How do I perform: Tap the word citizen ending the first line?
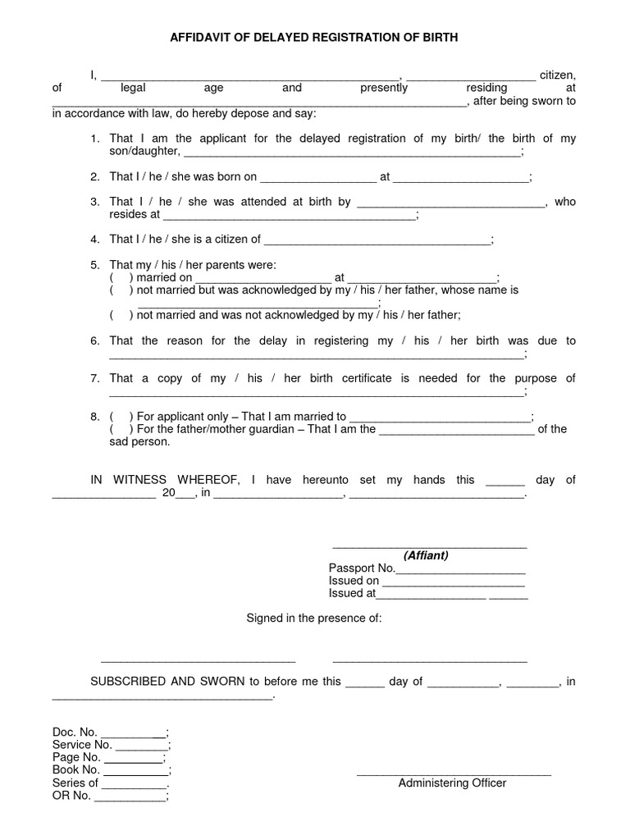point(557,75)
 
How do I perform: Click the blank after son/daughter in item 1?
point(350,152)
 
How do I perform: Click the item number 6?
point(94,340)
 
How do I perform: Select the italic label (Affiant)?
point(426,555)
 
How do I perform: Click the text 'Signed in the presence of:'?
point(315,618)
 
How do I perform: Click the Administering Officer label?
point(452,783)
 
